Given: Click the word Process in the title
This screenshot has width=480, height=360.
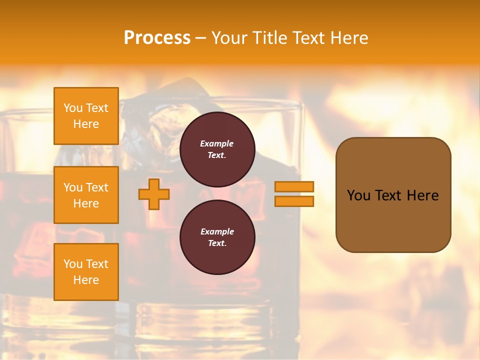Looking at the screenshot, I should pyautogui.click(x=157, y=38).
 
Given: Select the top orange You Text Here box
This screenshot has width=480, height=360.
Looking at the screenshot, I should pyautogui.click(x=86, y=116).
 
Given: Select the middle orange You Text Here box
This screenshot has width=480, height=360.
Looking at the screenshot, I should pyautogui.click(x=86, y=195).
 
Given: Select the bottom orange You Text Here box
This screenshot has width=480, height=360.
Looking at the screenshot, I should pyautogui.click(x=86, y=272).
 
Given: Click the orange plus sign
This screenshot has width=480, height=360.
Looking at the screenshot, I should pyautogui.click(x=154, y=194).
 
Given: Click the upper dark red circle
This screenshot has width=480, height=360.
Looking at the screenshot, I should pyautogui.click(x=217, y=149).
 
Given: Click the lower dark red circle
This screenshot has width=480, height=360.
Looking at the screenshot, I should pyautogui.click(x=217, y=237).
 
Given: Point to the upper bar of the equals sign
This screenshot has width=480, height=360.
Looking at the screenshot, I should pyautogui.click(x=294, y=186).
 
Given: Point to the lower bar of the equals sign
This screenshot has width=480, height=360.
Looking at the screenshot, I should pyautogui.click(x=294, y=201).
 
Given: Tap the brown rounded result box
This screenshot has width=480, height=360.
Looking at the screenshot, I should pyautogui.click(x=393, y=220).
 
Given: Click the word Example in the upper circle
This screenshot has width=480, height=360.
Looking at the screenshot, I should pyautogui.click(x=216, y=143).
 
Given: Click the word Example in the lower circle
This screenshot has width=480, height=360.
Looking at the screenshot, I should pyautogui.click(x=216, y=231).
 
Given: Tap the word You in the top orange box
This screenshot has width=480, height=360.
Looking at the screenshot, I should pyautogui.click(x=72, y=108).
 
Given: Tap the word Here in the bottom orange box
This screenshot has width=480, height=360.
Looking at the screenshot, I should pyautogui.click(x=86, y=280).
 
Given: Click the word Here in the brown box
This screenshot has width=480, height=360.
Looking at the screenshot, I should pyautogui.click(x=422, y=195).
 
